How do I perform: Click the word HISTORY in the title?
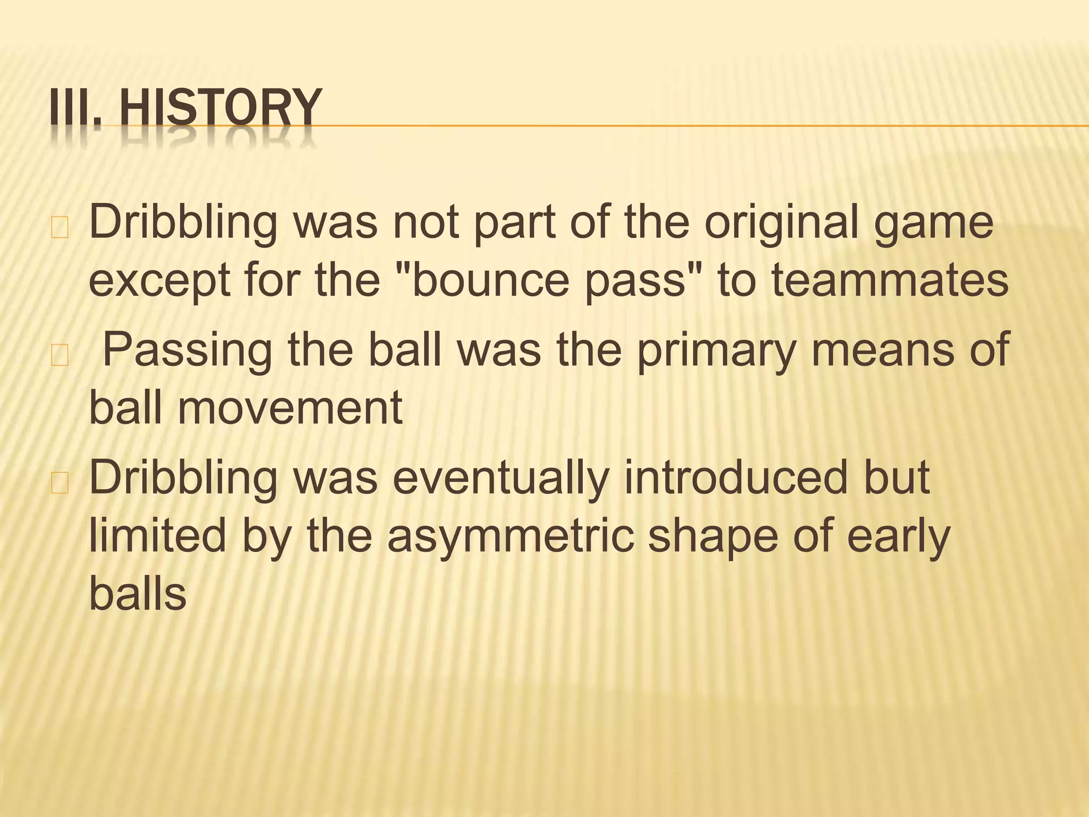click(221, 108)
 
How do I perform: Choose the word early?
click(898, 538)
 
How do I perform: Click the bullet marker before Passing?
click(60, 357)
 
